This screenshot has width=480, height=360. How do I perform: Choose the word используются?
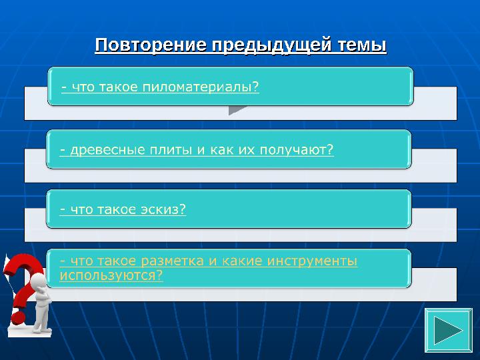click(x=111, y=275)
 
